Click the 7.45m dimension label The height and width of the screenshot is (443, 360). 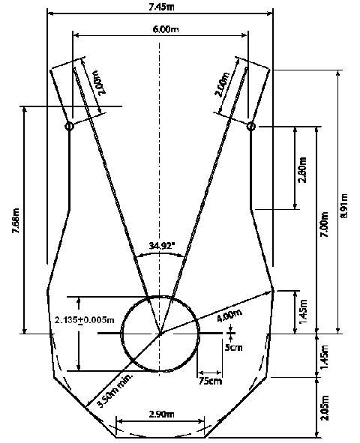(x=161, y=7)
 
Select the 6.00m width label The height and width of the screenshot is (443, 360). (x=166, y=28)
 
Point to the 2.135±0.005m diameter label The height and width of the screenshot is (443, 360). (x=85, y=320)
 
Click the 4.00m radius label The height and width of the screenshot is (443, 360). (x=229, y=315)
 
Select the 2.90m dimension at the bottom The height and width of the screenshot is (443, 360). (x=161, y=415)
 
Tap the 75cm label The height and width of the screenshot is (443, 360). (x=210, y=381)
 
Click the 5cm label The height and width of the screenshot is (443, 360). (x=233, y=346)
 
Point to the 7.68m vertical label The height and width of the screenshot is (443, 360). (x=16, y=220)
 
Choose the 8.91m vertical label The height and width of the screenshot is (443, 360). (x=344, y=205)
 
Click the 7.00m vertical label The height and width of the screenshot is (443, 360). (x=325, y=224)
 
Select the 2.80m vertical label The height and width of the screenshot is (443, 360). (x=303, y=170)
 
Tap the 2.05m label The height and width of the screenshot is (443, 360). (x=325, y=408)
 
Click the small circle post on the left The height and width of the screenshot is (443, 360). (x=69, y=126)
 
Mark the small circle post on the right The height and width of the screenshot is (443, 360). (x=251, y=126)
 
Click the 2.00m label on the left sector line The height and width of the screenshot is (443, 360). (x=100, y=82)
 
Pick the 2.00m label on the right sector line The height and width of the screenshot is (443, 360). (x=223, y=85)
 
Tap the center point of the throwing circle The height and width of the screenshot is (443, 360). (x=160, y=334)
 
